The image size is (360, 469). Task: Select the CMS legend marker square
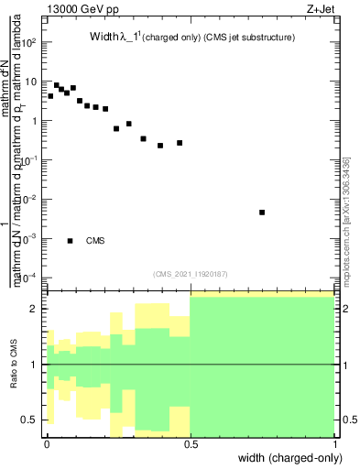point(70,241)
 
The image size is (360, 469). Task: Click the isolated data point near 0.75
point(262,213)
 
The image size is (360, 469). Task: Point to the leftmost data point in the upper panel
point(50,95)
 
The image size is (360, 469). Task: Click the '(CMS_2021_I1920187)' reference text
point(190,273)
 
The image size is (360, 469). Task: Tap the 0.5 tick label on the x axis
point(191,442)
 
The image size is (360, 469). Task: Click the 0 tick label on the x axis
point(47,442)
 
